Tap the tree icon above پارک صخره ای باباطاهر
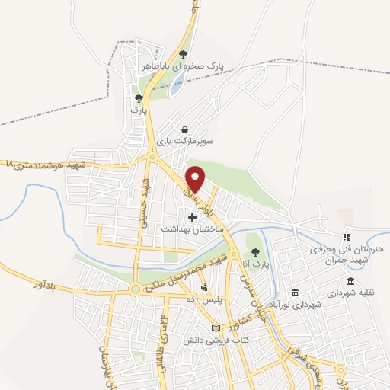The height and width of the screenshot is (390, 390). tap(183, 53)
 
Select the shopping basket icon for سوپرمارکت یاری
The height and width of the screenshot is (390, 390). tap(185, 129)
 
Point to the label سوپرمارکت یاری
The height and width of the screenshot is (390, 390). tap(185, 142)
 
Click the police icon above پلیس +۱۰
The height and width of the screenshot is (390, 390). tap(205, 287)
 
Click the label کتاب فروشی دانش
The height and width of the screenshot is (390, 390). tap(206, 339)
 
